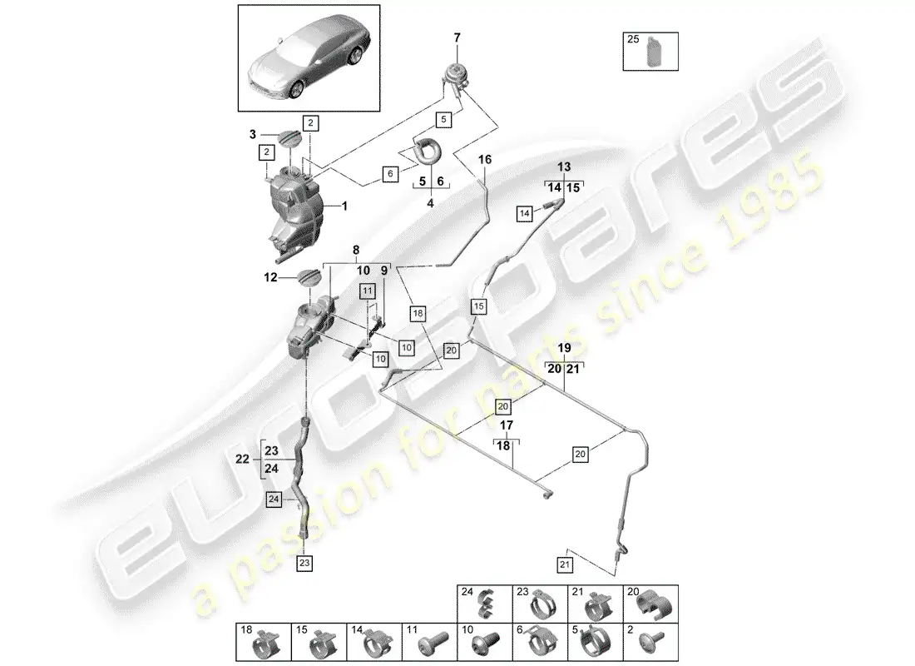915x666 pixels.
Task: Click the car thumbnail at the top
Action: pos(309,57)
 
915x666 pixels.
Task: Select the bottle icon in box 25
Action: pos(651,55)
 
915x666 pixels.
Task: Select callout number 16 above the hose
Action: pos(485,158)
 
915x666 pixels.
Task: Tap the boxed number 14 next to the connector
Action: pos(524,214)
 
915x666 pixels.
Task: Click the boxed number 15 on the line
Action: pos(478,306)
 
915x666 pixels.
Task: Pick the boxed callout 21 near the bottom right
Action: pos(566,566)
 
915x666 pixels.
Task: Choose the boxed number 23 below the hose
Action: pos(304,564)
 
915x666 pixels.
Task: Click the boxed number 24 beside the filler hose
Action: pos(274,499)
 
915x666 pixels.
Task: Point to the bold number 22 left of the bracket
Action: pos(242,459)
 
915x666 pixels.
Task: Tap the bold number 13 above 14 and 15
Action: pos(565,166)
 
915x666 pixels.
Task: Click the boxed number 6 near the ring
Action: pos(388,174)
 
